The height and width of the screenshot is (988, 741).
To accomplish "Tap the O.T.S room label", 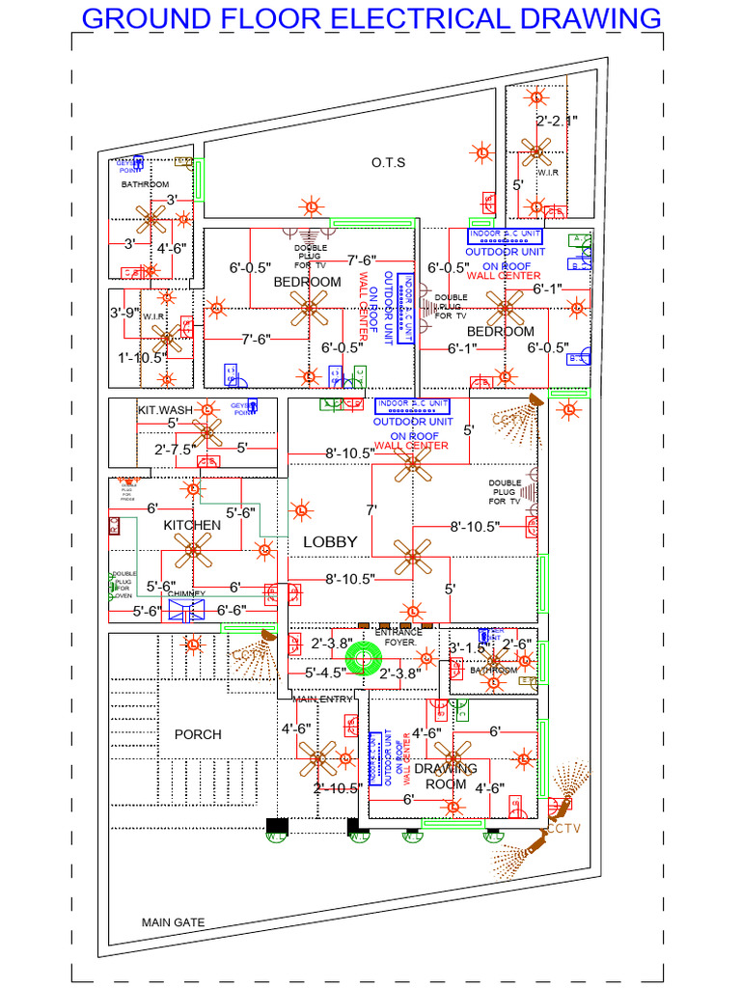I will [x=388, y=163].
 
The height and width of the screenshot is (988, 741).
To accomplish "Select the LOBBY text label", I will [x=330, y=542].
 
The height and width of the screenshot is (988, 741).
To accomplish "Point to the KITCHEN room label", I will [x=192, y=525].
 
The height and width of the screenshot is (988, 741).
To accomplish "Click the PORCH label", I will [x=198, y=734].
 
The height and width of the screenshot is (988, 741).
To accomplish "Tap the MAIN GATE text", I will [x=174, y=922].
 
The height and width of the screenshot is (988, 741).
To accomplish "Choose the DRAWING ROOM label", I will [x=446, y=777].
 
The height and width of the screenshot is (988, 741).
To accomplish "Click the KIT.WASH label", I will [x=165, y=410].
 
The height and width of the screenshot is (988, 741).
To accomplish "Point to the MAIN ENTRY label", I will [x=323, y=699].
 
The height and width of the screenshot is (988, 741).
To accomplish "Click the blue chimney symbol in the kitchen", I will [x=186, y=610].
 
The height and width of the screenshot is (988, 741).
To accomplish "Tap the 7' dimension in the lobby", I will [x=370, y=508].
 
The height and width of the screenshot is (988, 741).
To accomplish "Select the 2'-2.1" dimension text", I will [x=557, y=121].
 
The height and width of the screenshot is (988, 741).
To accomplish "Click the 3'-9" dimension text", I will [x=125, y=313].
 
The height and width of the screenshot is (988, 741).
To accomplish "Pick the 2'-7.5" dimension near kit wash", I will [x=178, y=449].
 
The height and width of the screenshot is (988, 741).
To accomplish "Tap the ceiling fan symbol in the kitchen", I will [x=192, y=551].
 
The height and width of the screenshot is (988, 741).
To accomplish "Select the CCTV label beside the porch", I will [x=246, y=655].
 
